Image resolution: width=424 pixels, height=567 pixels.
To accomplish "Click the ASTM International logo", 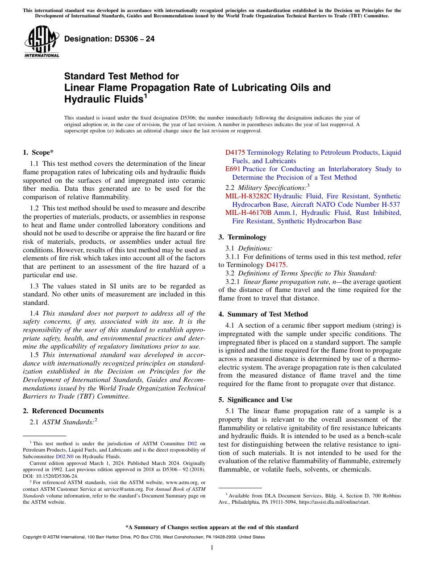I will tap(42, 41).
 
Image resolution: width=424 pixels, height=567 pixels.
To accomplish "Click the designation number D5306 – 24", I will tap(109, 39).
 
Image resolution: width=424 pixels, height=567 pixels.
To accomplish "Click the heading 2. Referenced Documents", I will tap(63, 411).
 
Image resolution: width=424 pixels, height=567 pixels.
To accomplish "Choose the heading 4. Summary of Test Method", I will tap(263, 314).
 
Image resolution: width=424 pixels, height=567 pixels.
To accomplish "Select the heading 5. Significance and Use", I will tap(255, 400).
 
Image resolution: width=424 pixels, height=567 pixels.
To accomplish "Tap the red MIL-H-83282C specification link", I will tap(248, 196).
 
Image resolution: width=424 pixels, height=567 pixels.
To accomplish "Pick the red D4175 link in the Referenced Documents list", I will tap(235, 152).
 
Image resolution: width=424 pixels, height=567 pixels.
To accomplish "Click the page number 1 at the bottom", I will tap(212, 548).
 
